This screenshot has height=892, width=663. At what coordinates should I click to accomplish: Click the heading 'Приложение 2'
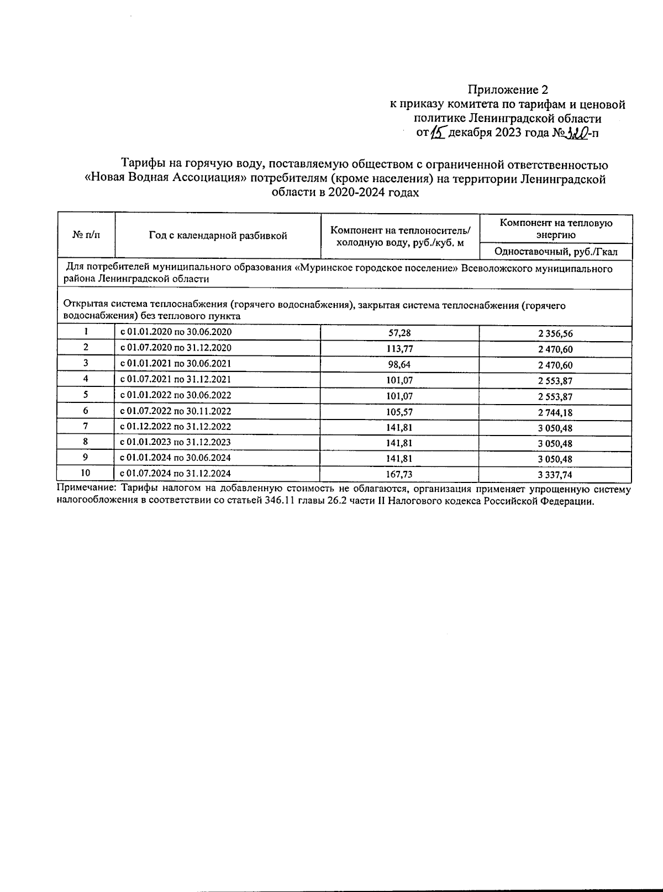[508, 89]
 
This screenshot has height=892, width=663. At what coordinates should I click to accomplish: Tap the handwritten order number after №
[580, 132]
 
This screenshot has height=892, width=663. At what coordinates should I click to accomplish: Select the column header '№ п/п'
[86, 235]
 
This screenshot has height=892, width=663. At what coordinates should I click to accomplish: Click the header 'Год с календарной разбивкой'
[218, 236]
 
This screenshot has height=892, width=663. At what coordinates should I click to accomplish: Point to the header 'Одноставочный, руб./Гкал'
[556, 252]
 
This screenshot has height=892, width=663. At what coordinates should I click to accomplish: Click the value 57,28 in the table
[399, 333]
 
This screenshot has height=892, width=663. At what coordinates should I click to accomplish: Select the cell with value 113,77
[399, 349]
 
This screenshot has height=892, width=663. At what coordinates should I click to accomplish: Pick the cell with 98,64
[399, 364]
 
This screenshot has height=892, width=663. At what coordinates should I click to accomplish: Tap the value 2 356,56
[556, 333]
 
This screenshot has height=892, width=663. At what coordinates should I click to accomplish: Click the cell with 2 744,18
[556, 412]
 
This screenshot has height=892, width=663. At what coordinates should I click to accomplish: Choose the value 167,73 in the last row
[399, 474]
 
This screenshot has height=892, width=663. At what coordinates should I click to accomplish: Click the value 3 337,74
[556, 474]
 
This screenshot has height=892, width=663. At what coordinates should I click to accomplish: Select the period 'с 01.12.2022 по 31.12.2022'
[176, 427]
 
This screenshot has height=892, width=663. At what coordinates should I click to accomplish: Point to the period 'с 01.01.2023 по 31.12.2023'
[176, 442]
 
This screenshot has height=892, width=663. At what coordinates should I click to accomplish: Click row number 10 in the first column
[86, 473]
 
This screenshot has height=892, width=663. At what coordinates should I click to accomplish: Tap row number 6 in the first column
[86, 411]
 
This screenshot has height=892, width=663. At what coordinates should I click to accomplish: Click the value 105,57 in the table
[399, 412]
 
